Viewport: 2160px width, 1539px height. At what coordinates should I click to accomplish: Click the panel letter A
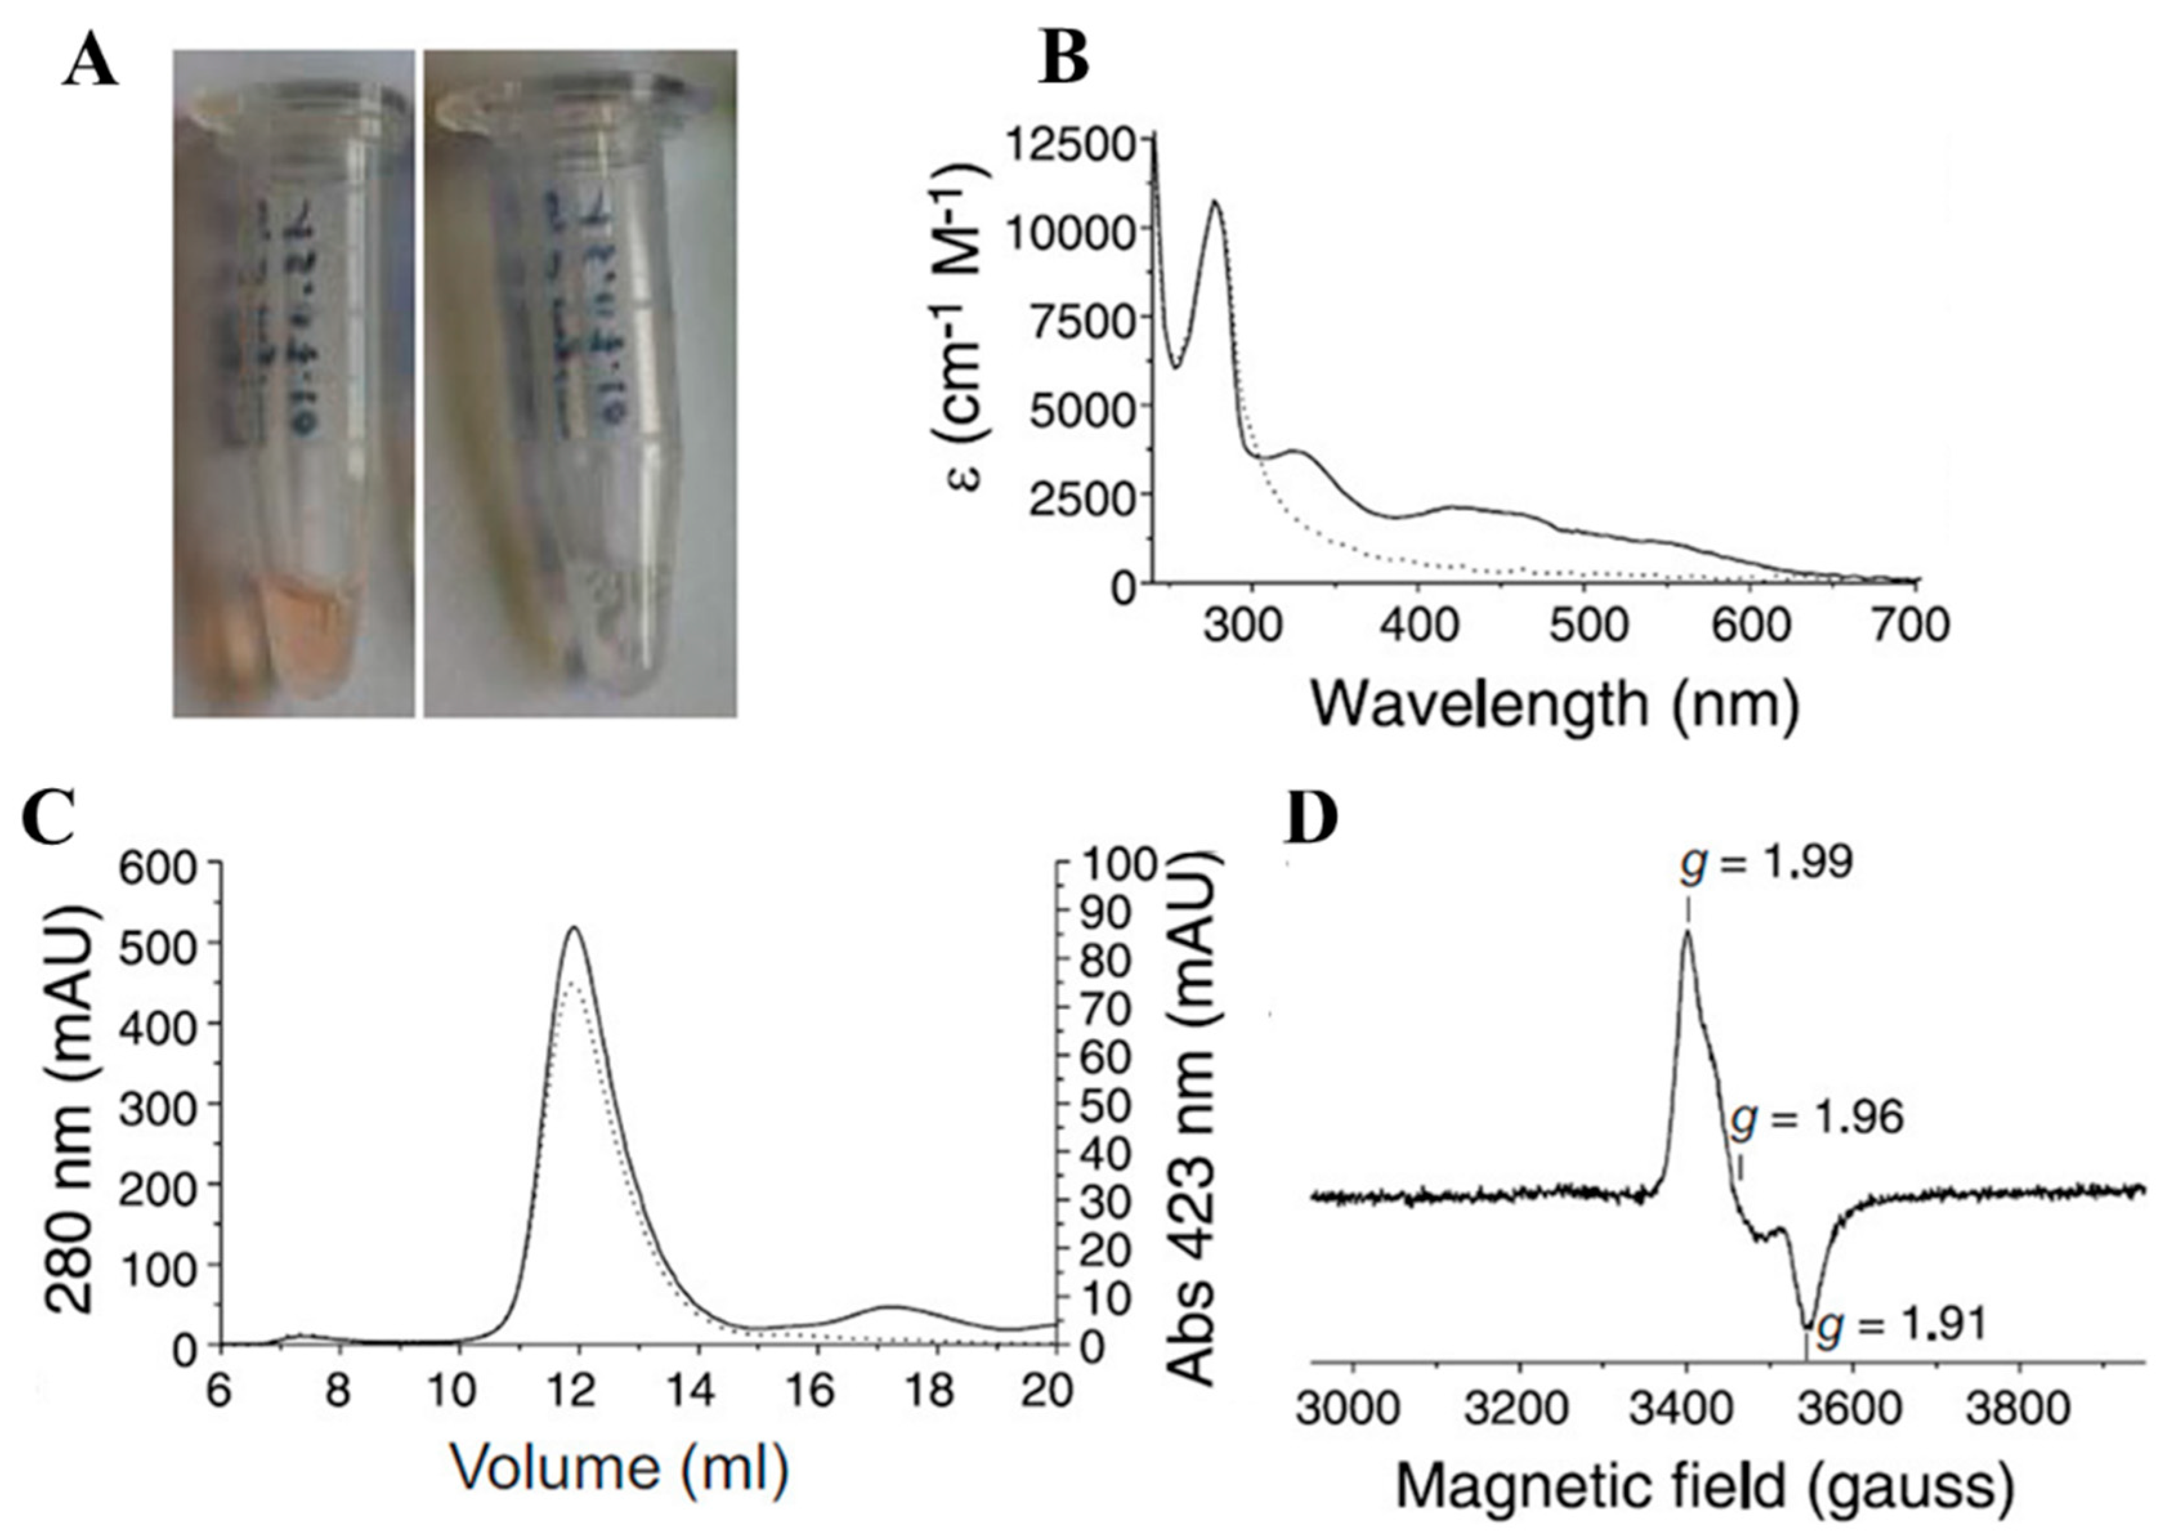(x=90, y=64)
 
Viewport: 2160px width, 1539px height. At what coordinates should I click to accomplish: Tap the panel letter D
(x=1311, y=820)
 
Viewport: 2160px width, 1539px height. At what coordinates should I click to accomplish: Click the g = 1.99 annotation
(x=1767, y=864)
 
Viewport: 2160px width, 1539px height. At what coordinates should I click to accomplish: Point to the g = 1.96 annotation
(x=1817, y=1119)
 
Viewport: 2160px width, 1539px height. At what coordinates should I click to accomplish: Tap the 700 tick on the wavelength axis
(x=1915, y=627)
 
